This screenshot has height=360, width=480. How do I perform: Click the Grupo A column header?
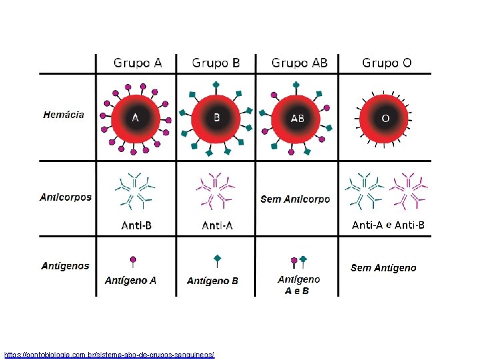tap(137, 63)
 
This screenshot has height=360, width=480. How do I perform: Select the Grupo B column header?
tap(216, 63)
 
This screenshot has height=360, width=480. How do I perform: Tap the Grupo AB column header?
tap(299, 63)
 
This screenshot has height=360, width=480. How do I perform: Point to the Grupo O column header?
tap(387, 63)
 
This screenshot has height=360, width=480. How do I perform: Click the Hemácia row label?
tap(64, 115)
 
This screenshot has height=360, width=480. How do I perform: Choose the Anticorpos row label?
tap(66, 197)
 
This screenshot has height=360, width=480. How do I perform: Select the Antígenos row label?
tap(65, 266)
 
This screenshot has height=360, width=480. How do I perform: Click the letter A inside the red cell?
tap(135, 118)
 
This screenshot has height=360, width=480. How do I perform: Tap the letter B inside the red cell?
tap(216, 117)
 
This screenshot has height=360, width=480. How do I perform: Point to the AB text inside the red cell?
tap(297, 119)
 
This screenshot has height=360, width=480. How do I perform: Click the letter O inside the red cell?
tap(385, 118)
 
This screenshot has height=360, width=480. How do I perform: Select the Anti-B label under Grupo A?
tap(136, 225)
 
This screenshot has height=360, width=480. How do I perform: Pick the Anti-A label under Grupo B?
tap(217, 225)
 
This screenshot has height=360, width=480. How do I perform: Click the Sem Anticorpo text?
tap(295, 199)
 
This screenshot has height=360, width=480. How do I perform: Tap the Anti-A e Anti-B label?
tap(388, 225)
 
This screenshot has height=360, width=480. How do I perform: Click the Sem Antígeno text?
tap(383, 268)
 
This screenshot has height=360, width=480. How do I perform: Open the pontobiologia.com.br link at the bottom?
tap(109, 355)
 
